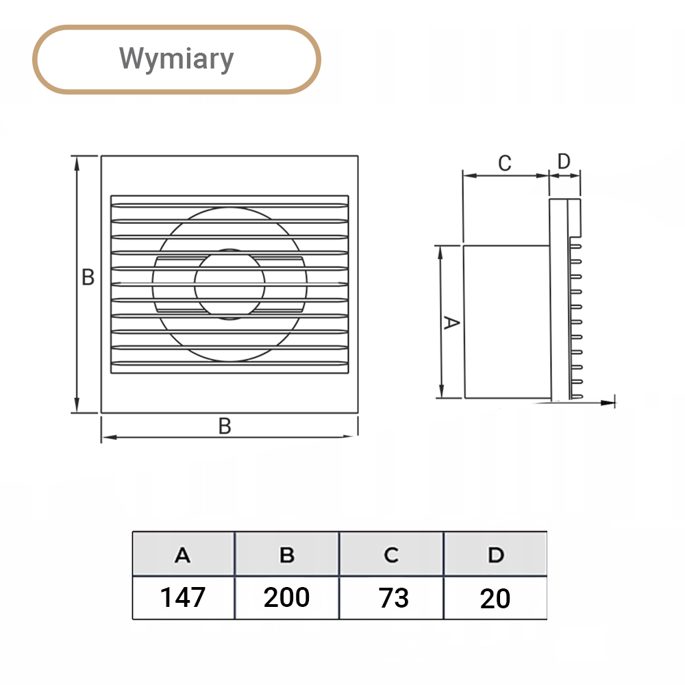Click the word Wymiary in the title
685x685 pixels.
click(177, 58)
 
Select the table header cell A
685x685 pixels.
click(183, 555)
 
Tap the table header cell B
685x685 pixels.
click(287, 555)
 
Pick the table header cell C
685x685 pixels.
click(391, 555)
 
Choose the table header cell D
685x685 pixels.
click(496, 555)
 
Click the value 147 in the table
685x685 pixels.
click(183, 597)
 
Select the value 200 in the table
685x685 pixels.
click(286, 597)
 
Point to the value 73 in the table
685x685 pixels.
click(394, 597)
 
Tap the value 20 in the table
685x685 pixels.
click(495, 598)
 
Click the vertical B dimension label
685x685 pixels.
click(88, 277)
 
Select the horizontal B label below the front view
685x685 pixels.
click(225, 426)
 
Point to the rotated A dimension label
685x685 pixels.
click(451, 323)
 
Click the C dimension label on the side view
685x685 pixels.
click(505, 163)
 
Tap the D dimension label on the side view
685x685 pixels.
click(564, 161)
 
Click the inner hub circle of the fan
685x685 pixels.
click(229, 284)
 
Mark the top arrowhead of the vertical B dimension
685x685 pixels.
click(77, 162)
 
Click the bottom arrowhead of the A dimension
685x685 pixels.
click(441, 391)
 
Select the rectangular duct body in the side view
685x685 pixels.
click(507, 321)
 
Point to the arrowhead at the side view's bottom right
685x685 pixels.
click(608, 402)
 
